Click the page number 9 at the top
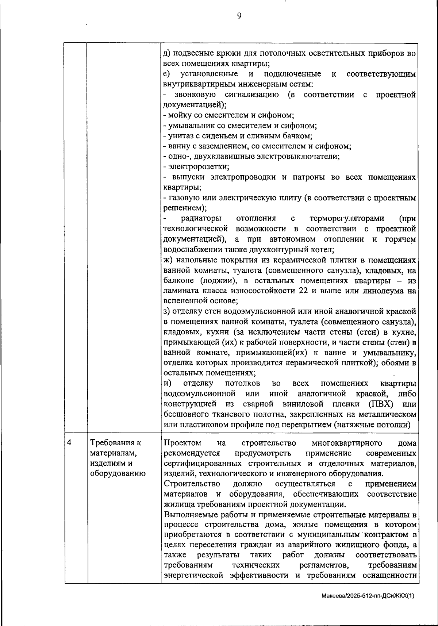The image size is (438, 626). point(239,16)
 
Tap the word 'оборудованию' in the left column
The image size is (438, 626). point(118,474)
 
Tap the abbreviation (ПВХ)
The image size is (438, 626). point(380,404)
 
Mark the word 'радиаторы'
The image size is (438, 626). point(201,219)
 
